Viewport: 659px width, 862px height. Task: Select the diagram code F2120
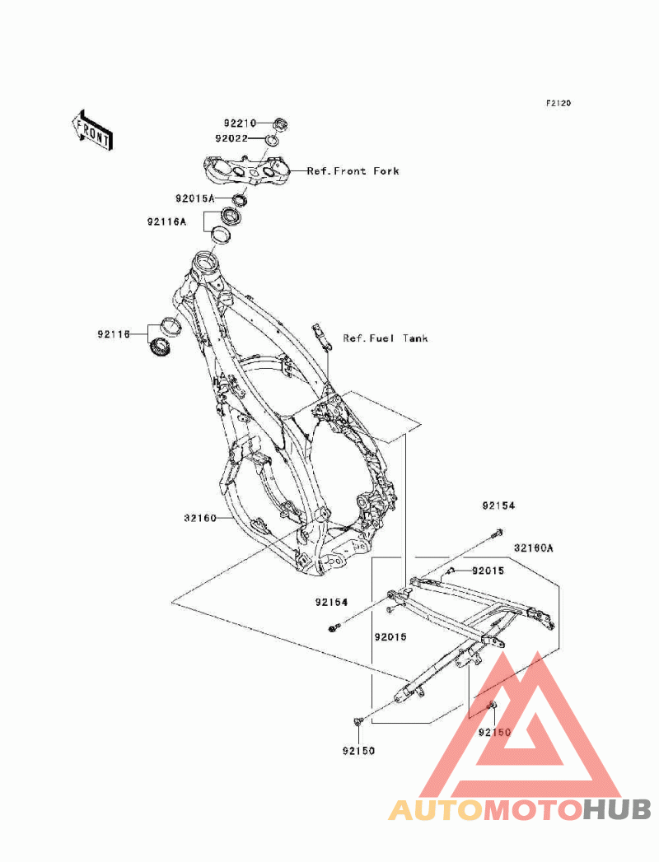pyautogui.click(x=559, y=103)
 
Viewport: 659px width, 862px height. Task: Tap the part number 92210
pyautogui.click(x=240, y=123)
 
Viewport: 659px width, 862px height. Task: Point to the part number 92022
pyautogui.click(x=231, y=138)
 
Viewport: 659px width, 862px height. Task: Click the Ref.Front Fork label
pyautogui.click(x=353, y=171)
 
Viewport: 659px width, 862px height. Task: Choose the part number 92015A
pyautogui.click(x=195, y=198)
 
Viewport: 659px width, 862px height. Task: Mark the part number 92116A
pyautogui.click(x=166, y=222)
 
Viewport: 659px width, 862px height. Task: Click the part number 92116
pyautogui.click(x=114, y=334)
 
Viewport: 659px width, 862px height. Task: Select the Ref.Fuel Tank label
pyautogui.click(x=386, y=338)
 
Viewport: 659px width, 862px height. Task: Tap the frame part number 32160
pyautogui.click(x=200, y=518)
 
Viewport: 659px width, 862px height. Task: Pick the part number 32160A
pyautogui.click(x=534, y=548)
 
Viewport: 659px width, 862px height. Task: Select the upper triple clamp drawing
pyautogui.click(x=245, y=170)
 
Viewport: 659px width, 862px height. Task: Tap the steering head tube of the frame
pyautogui.click(x=207, y=266)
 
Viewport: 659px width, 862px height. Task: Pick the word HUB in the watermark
pyautogui.click(x=617, y=810)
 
